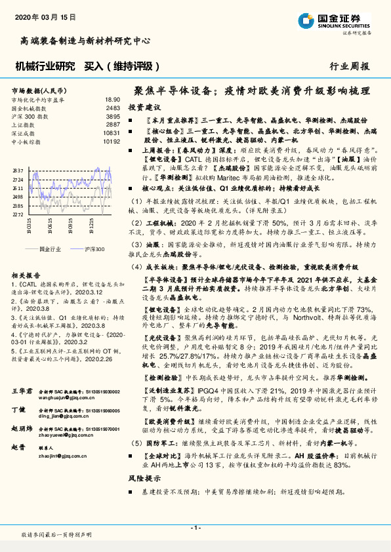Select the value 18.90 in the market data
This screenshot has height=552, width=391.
click(112, 99)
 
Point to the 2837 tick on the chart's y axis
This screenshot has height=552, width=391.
click(18, 170)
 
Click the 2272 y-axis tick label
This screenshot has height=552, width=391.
click(18, 214)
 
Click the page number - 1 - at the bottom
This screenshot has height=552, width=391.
click(195, 528)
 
